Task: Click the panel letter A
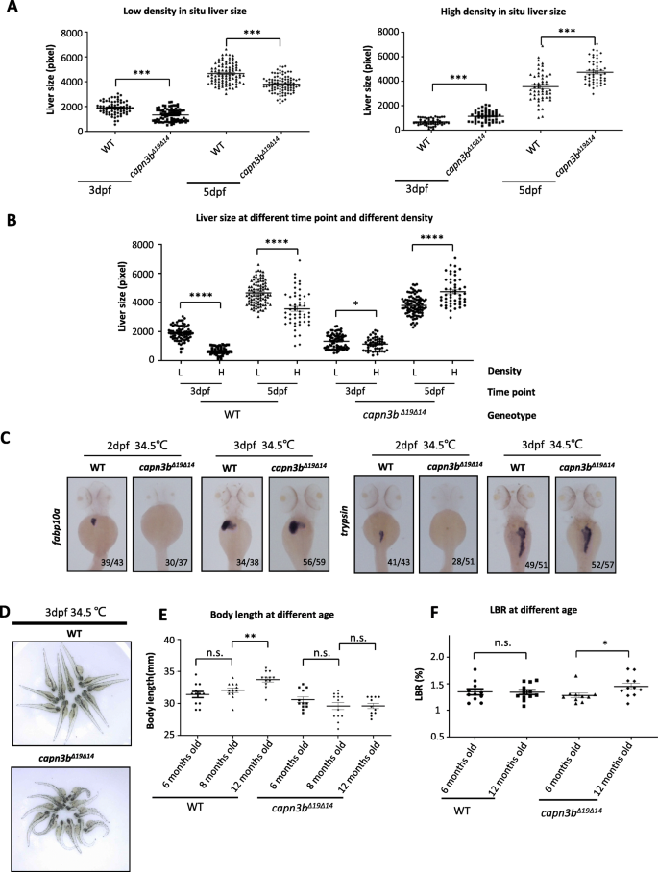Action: (x=10, y=10)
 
